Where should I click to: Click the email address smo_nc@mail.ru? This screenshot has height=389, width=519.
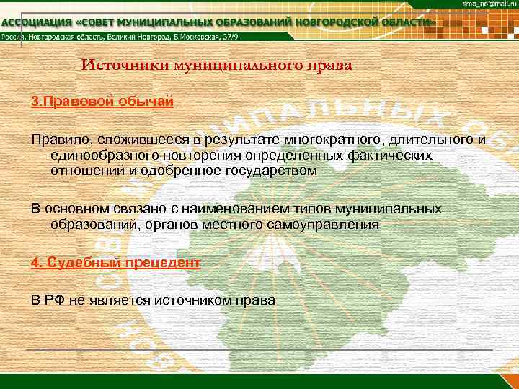tap(489, 5)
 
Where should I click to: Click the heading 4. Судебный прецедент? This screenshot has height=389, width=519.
tap(115, 263)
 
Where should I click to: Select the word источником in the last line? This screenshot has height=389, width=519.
tap(199, 300)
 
